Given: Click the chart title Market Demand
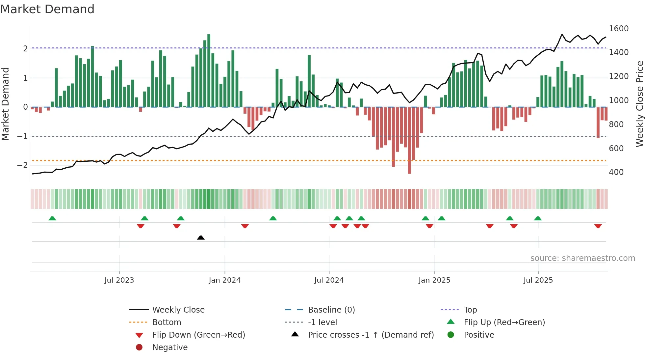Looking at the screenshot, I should coord(47,9).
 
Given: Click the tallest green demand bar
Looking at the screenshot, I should coord(209,70).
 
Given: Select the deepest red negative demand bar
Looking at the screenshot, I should coord(409,140).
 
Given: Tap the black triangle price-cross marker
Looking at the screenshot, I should coord(201,237).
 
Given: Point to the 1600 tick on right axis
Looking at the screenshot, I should coord(618,29).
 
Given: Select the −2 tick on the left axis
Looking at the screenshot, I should coord(23,165).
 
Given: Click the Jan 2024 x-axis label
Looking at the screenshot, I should coord(224,280).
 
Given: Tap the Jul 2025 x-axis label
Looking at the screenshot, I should coord(538,280).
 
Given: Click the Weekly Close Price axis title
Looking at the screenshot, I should coord(639,104).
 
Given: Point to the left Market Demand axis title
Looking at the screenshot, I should coord(6,104).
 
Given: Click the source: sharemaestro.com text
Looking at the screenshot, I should coord(582,258).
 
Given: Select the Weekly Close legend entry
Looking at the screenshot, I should coord(178,310).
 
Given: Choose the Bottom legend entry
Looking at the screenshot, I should coord(167,322).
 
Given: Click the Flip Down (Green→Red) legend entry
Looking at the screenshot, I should coord(198,335).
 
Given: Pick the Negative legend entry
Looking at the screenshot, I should coord(170,348).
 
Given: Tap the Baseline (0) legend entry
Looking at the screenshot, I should coord(331,310).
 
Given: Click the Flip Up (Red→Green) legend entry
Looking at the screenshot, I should coord(504,322).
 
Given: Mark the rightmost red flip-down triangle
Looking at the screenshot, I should coord(598,226).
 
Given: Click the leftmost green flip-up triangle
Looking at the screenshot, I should coord(52,218).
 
